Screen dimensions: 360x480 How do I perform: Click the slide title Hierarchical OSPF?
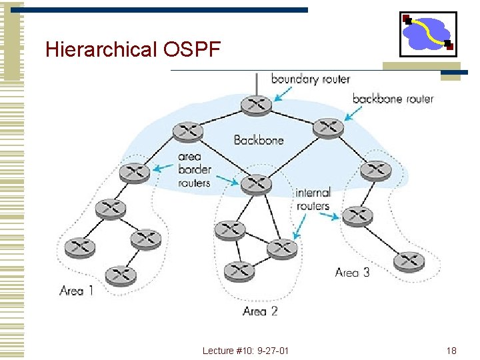pos(132,50)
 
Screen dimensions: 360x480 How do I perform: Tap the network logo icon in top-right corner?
pos(427,33)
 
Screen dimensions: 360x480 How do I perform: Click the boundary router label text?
pos(310,79)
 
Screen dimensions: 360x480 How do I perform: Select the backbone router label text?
pos(393,99)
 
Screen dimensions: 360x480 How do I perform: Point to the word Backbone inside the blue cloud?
pos(259,140)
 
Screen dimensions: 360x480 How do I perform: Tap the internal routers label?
pos(313,199)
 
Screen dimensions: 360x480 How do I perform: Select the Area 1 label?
pos(76,291)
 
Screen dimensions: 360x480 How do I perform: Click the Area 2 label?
pos(260,311)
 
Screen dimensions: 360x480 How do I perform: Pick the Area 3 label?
pos(352,272)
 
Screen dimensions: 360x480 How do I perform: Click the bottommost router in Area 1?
pos(120,274)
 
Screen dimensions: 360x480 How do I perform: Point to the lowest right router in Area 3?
pos(409,261)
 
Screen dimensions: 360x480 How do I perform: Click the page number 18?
pos(451,351)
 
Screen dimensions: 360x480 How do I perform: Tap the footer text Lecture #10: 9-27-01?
pos(246,351)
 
